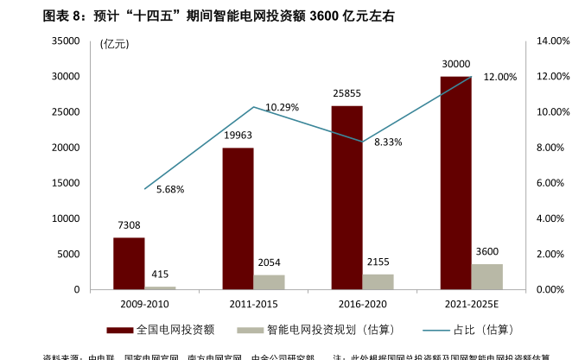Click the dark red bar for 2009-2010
(129, 263)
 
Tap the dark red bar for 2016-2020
(346, 198)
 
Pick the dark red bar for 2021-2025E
(455, 183)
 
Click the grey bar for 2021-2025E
(486, 276)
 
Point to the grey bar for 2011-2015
(269, 282)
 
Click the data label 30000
(455, 64)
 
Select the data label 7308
(129, 225)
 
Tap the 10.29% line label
(283, 108)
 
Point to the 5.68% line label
(170, 189)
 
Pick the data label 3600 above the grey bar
(486, 252)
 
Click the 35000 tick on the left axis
(66, 41)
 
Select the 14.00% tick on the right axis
(550, 41)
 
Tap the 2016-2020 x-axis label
(362, 305)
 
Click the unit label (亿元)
(115, 44)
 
